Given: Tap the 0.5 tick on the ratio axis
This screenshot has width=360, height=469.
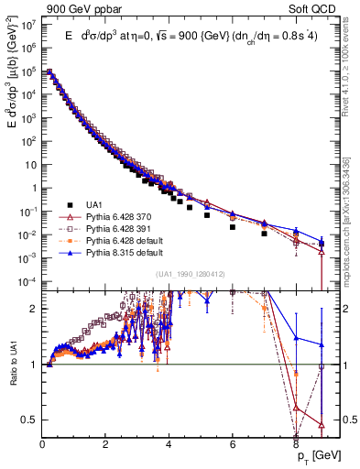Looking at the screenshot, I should [x=30, y=420].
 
